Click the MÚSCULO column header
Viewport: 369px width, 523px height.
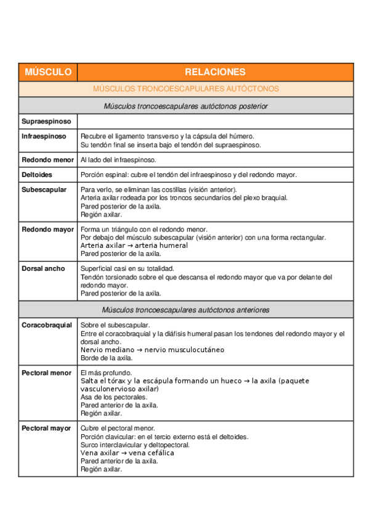(48, 72)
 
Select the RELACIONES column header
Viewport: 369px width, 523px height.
(215, 72)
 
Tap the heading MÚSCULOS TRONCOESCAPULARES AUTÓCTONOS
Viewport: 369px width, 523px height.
(185, 89)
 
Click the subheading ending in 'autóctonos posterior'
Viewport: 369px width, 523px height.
(185, 106)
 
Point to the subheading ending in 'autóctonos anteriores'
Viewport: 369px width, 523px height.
(185, 310)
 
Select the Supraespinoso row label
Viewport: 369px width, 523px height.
(46, 121)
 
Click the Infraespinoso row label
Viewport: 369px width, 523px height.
(44, 136)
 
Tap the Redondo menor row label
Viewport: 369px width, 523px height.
(47, 160)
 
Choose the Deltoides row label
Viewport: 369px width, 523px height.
(37, 175)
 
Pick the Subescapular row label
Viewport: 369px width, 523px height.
(44, 189)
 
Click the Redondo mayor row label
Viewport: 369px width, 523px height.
(47, 229)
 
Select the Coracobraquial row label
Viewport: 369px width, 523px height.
(47, 325)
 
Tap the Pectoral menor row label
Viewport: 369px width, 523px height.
(46, 373)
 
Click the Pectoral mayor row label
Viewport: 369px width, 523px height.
(46, 428)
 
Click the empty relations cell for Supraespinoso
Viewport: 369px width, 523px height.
(215, 121)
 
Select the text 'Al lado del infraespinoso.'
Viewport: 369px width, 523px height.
(118, 160)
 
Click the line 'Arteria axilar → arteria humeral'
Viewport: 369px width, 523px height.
(134, 245)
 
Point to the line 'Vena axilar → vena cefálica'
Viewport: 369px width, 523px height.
(128, 453)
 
